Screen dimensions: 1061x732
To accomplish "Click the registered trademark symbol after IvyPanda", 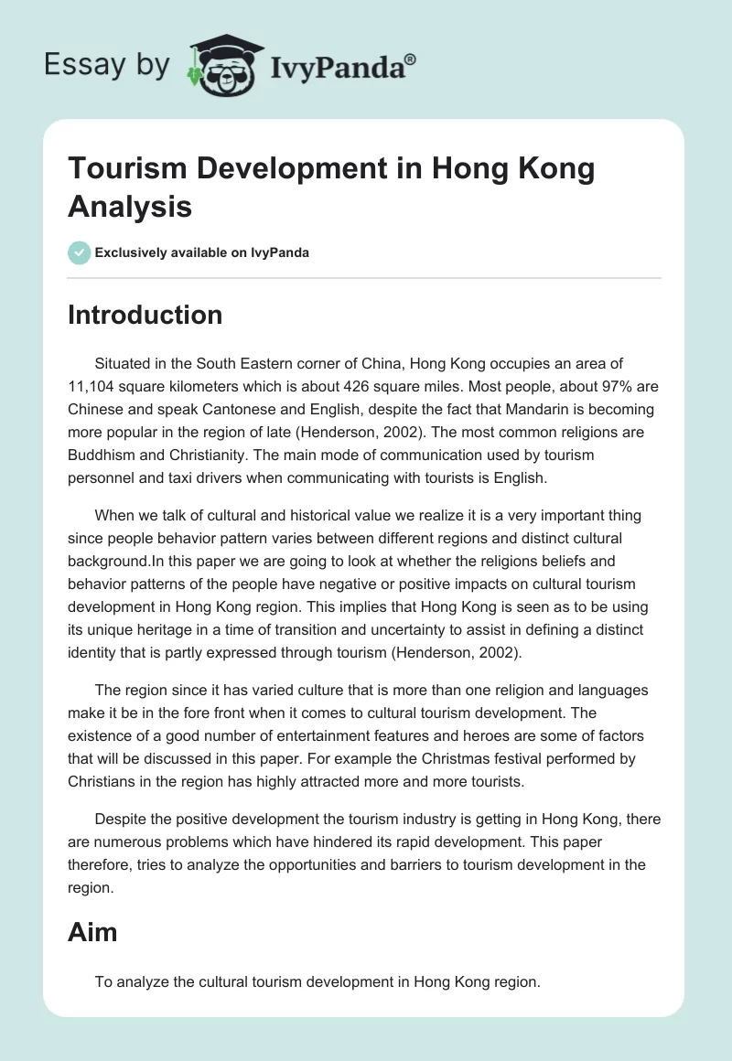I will coord(411,58).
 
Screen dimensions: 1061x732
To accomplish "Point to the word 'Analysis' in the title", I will coord(130,206).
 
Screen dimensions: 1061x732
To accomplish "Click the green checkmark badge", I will coord(80,253).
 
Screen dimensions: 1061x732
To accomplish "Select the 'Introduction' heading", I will coord(145,315).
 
